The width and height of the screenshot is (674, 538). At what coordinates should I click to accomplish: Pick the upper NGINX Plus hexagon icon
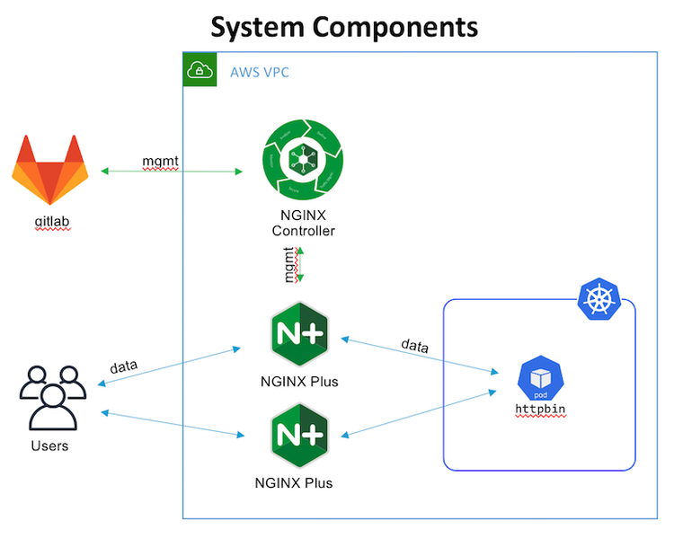click(298, 336)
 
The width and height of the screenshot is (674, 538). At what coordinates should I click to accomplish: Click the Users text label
click(49, 445)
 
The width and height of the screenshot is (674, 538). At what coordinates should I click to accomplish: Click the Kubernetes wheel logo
click(596, 299)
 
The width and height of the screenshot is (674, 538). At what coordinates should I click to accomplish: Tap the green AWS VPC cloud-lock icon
click(199, 70)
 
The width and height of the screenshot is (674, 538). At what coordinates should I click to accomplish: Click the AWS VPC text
click(260, 71)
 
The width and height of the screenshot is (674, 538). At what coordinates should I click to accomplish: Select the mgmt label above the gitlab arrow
click(161, 161)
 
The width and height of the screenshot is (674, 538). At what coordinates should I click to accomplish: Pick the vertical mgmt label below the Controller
click(290, 266)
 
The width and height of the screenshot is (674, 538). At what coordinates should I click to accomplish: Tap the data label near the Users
click(123, 366)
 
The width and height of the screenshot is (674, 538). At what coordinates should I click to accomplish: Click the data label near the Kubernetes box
click(414, 345)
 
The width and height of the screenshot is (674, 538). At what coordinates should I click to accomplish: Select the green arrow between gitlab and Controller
click(171, 171)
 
